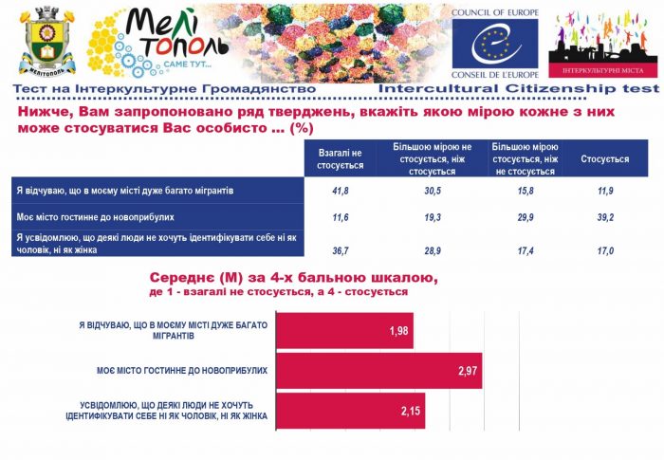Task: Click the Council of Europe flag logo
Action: click(494, 44)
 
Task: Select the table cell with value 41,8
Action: click(340, 192)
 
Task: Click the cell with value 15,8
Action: click(525, 192)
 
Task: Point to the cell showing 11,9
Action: click(604, 192)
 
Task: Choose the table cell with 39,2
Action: click(604, 217)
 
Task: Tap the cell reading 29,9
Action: click(525, 217)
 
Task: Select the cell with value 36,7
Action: click(340, 250)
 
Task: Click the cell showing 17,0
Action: click(604, 250)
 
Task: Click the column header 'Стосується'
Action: click(604, 159)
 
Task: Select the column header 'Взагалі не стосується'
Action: click(340, 159)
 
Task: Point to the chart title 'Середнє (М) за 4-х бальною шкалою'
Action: click(293, 278)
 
